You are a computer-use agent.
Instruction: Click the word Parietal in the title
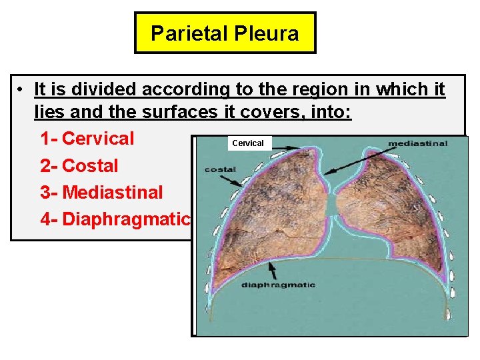tap(188, 33)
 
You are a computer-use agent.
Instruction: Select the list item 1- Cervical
tap(87, 139)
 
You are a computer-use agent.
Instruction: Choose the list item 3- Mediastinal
tap(101, 192)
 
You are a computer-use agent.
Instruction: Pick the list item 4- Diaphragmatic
tap(115, 219)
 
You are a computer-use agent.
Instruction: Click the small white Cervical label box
tap(248, 143)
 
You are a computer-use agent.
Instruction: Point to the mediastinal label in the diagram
tap(417, 143)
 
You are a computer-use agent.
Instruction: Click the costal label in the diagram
tap(220, 169)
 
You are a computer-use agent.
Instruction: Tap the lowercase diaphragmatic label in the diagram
tap(278, 285)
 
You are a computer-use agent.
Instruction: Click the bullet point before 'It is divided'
tap(22, 89)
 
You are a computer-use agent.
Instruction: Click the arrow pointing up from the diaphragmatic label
tap(272, 269)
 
